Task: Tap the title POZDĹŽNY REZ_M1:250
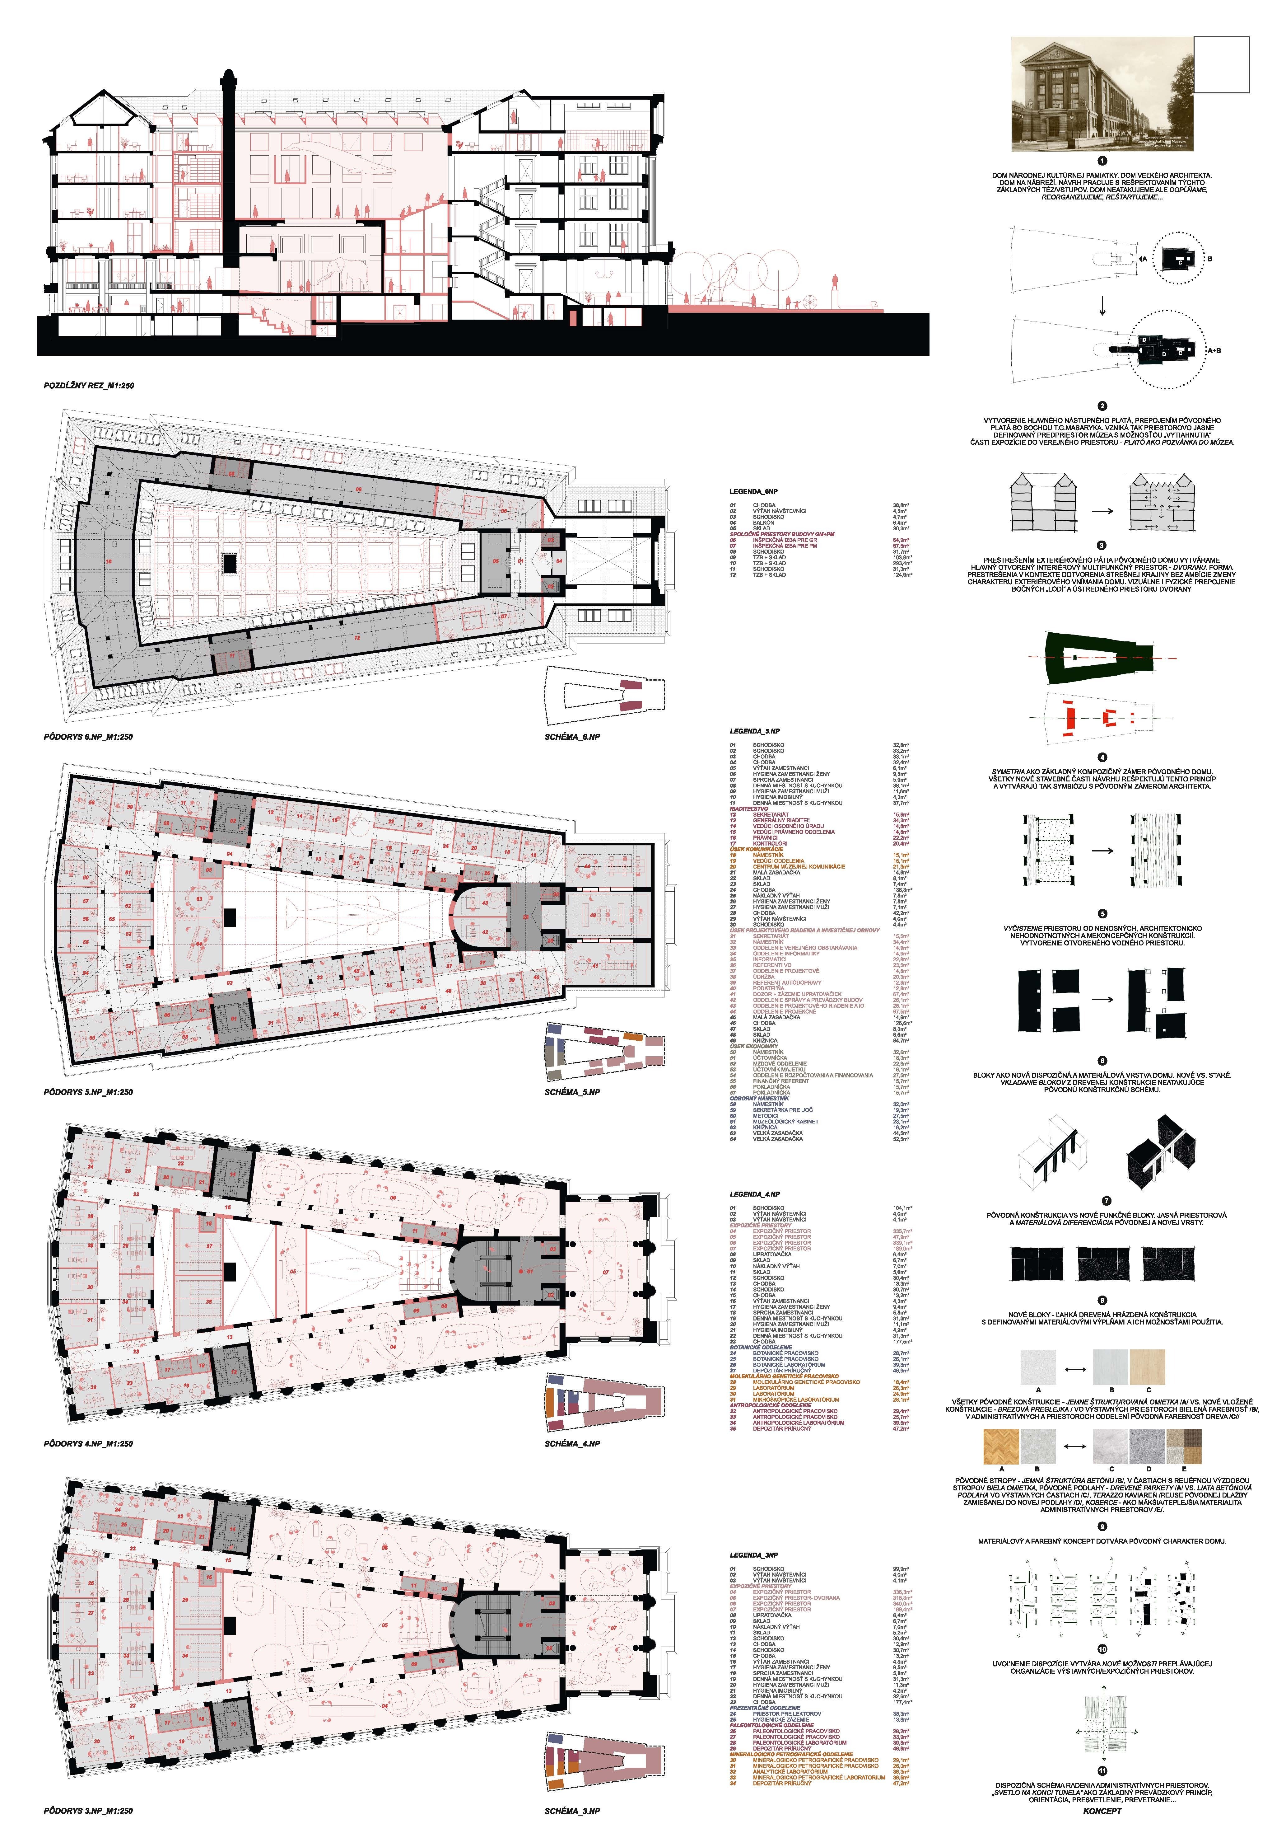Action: [89, 386]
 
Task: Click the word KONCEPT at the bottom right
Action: [1102, 1811]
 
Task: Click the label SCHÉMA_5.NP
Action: [572, 1092]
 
